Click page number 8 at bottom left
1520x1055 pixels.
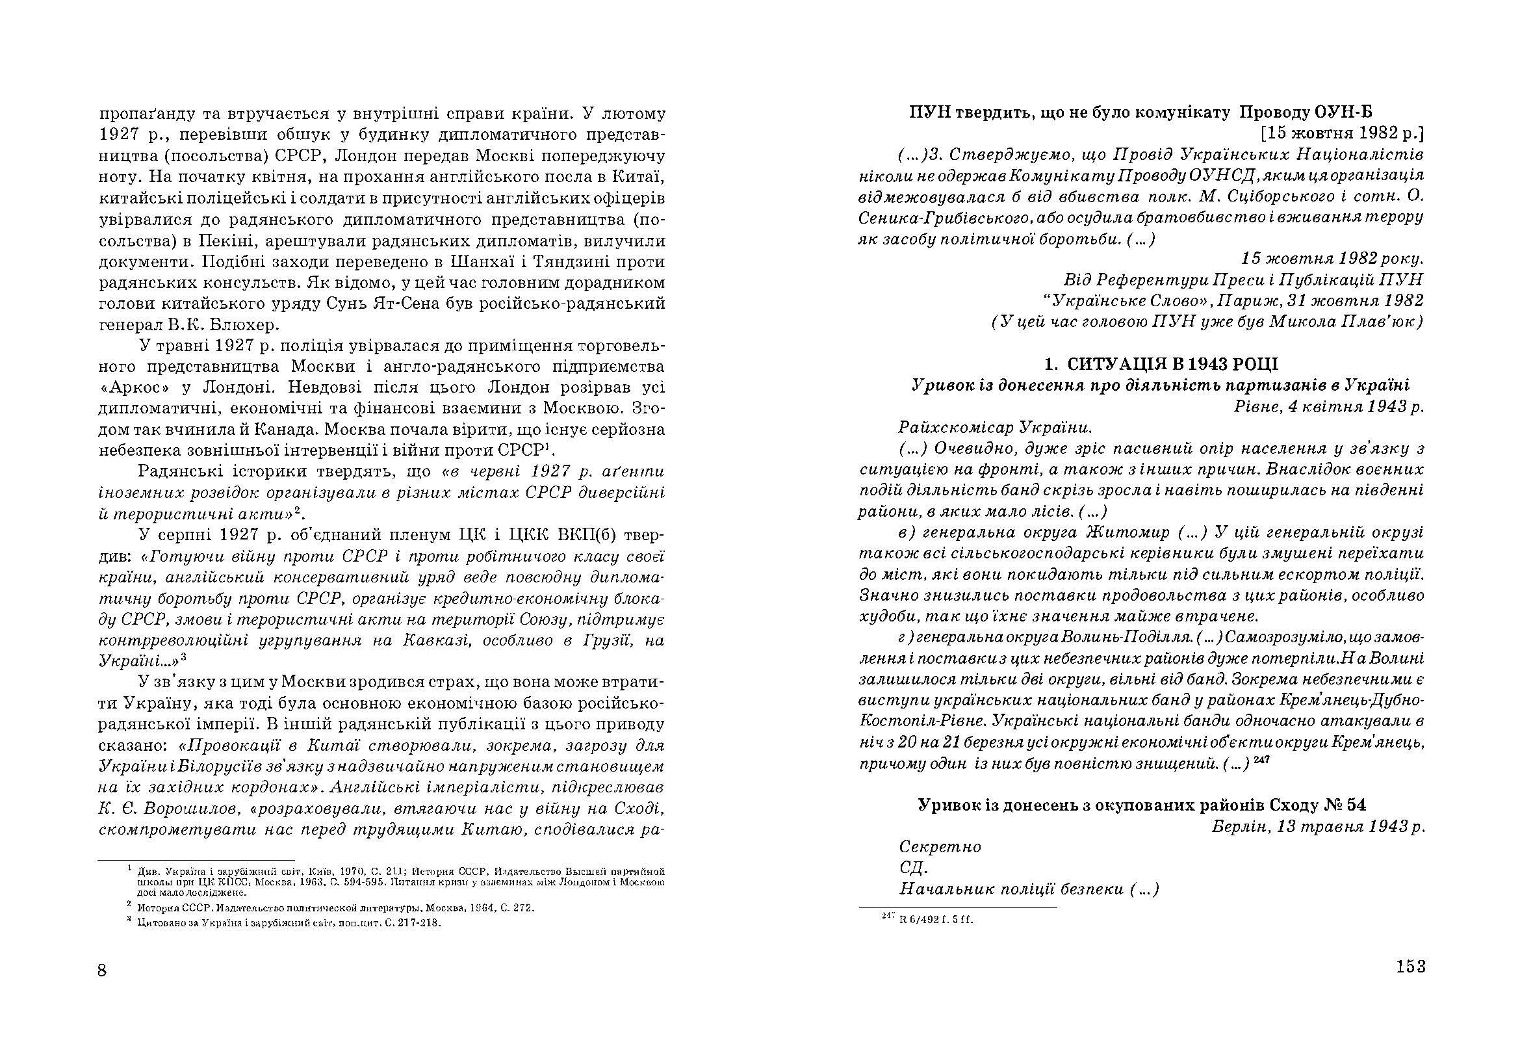(x=102, y=970)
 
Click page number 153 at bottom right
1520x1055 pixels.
(x=1410, y=966)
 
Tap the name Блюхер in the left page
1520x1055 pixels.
(x=240, y=324)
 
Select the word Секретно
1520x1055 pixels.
(x=940, y=846)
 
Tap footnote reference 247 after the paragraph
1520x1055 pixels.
(x=1262, y=761)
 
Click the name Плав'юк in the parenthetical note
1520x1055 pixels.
(x=1388, y=322)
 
